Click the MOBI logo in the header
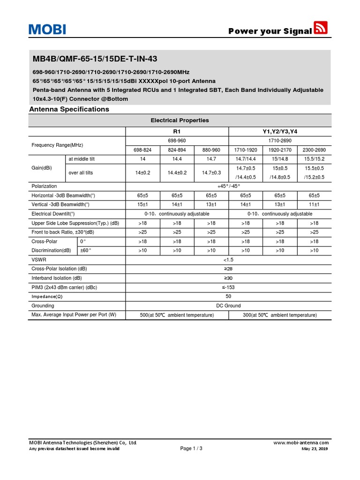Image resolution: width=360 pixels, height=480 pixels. click(x=47, y=30)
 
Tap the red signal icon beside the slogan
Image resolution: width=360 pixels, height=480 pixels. click(x=321, y=28)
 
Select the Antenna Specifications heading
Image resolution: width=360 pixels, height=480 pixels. click(x=69, y=109)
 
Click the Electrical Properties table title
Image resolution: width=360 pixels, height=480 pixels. click(x=180, y=120)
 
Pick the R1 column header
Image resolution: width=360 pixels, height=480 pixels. click(x=177, y=132)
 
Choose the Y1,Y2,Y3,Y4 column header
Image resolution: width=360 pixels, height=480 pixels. click(x=280, y=132)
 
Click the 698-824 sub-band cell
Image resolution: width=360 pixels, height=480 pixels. click(x=143, y=150)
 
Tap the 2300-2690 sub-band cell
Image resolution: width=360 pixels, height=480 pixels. click(x=314, y=150)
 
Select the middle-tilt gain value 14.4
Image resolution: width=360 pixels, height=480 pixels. click(x=177, y=159)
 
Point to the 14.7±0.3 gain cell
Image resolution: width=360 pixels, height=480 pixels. click(x=211, y=172)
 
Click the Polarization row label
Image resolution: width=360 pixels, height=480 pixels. click(x=44, y=186)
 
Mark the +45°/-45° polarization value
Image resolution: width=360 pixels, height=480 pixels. click(x=228, y=186)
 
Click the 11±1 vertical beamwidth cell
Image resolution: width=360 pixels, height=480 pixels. click(x=314, y=204)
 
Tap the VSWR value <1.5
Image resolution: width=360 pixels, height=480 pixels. click(x=228, y=260)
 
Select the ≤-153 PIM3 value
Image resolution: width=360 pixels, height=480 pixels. click(x=228, y=287)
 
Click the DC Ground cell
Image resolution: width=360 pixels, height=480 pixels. click(x=228, y=305)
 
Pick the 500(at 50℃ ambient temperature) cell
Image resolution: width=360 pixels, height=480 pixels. click(x=177, y=315)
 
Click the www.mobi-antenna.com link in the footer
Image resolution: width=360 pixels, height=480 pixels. click(x=300, y=442)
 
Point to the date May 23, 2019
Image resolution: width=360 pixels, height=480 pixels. click(x=315, y=449)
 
